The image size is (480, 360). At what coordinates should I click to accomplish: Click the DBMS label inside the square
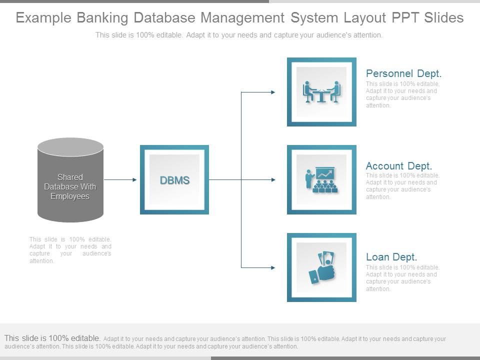click(x=174, y=180)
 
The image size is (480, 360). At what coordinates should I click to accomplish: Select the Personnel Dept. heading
click(x=403, y=73)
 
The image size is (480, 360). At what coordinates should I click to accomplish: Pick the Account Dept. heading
click(x=398, y=165)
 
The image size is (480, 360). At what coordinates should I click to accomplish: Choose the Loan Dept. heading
click(x=391, y=257)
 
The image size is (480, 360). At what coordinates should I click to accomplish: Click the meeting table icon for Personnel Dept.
click(x=321, y=92)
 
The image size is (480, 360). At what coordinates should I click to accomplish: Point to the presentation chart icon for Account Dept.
click(x=321, y=180)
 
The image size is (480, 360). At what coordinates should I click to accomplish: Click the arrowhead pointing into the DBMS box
click(x=134, y=179)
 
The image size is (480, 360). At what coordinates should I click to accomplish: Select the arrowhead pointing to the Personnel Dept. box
click(x=272, y=92)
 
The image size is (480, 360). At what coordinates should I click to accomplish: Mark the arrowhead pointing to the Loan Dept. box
click(x=272, y=268)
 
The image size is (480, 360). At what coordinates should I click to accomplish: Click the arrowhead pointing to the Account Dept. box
click(x=272, y=179)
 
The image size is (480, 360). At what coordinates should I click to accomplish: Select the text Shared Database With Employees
click(x=70, y=186)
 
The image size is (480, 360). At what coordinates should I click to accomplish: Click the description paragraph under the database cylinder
click(x=70, y=250)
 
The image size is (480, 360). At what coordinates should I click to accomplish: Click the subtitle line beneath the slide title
click(x=239, y=35)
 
